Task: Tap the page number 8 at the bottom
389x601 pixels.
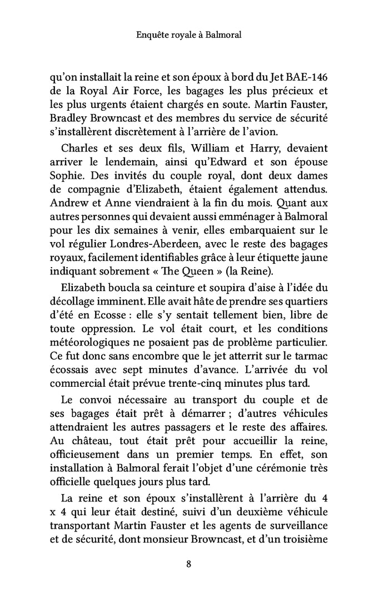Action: pos(189,564)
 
